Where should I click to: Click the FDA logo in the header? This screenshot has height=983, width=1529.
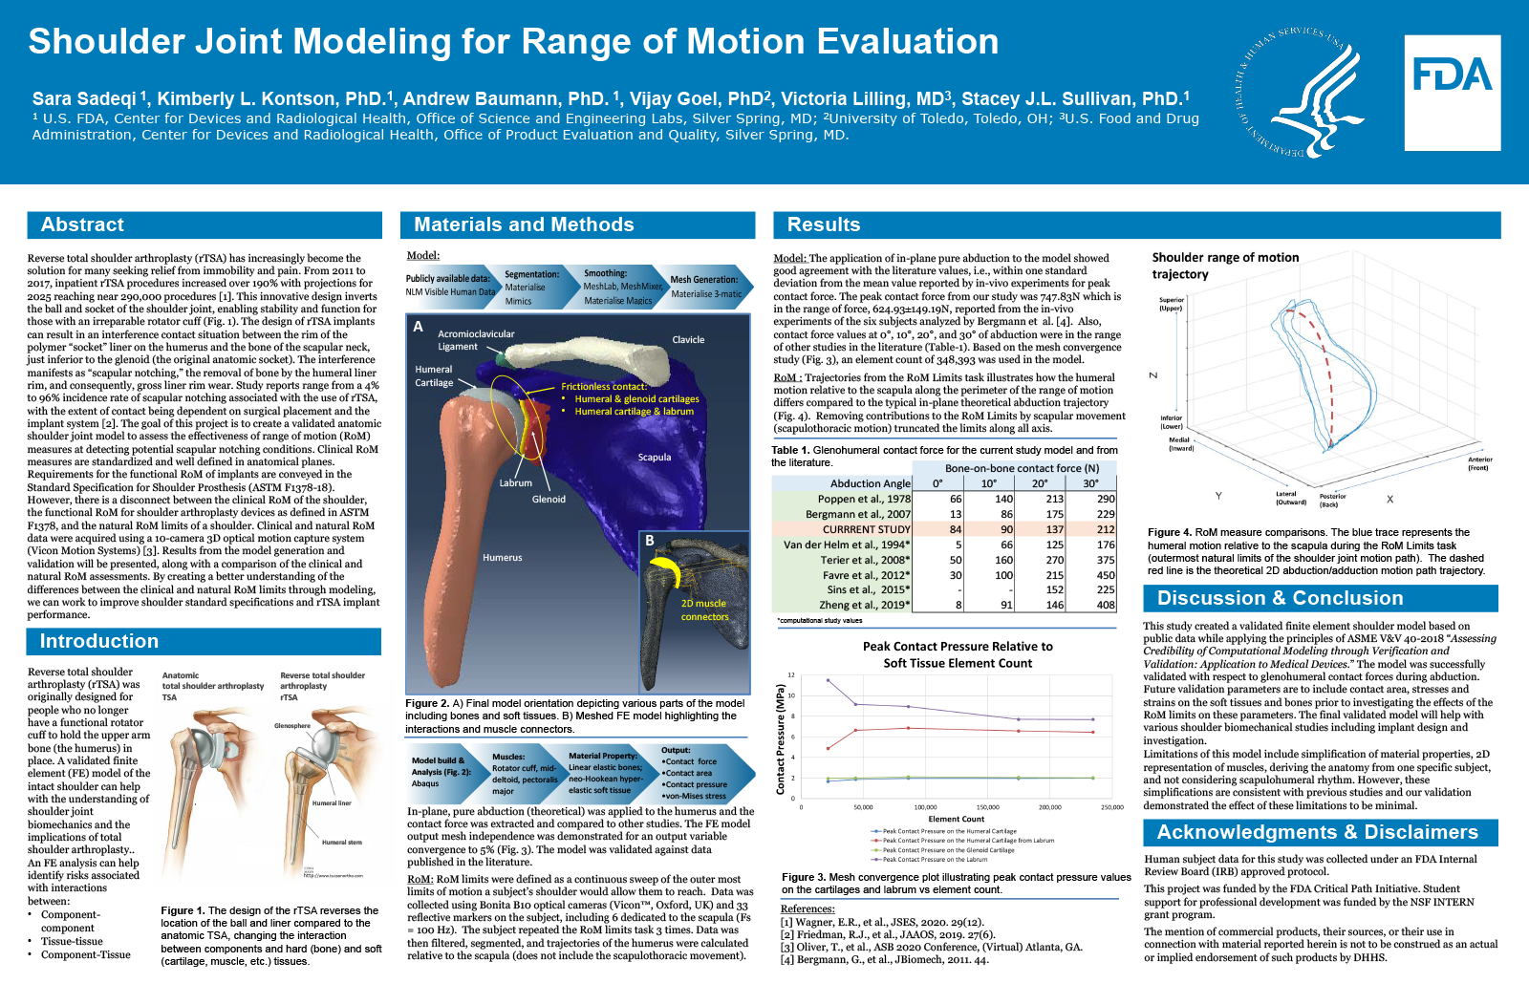[x=1452, y=93]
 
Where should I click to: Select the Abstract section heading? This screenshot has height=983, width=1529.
[x=83, y=224]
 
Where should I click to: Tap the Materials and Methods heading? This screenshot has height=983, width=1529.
[x=524, y=224]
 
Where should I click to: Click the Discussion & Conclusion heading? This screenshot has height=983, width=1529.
[x=1280, y=598]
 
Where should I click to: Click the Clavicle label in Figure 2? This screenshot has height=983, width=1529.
[x=688, y=339]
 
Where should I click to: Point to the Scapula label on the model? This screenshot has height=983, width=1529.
[x=655, y=458]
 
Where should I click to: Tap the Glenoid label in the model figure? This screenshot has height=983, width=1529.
[x=549, y=499]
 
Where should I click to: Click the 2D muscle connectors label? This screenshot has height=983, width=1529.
[x=704, y=609]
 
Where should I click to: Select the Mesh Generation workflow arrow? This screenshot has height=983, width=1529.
[x=705, y=287]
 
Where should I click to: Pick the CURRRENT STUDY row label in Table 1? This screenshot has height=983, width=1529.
[x=866, y=529]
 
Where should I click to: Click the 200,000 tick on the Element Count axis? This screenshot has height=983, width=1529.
[x=1049, y=807]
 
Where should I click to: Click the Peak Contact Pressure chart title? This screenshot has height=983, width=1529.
[x=958, y=654]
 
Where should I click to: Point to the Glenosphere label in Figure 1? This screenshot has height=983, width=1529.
[x=292, y=726]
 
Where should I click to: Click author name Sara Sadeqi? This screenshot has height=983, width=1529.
[x=85, y=98]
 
